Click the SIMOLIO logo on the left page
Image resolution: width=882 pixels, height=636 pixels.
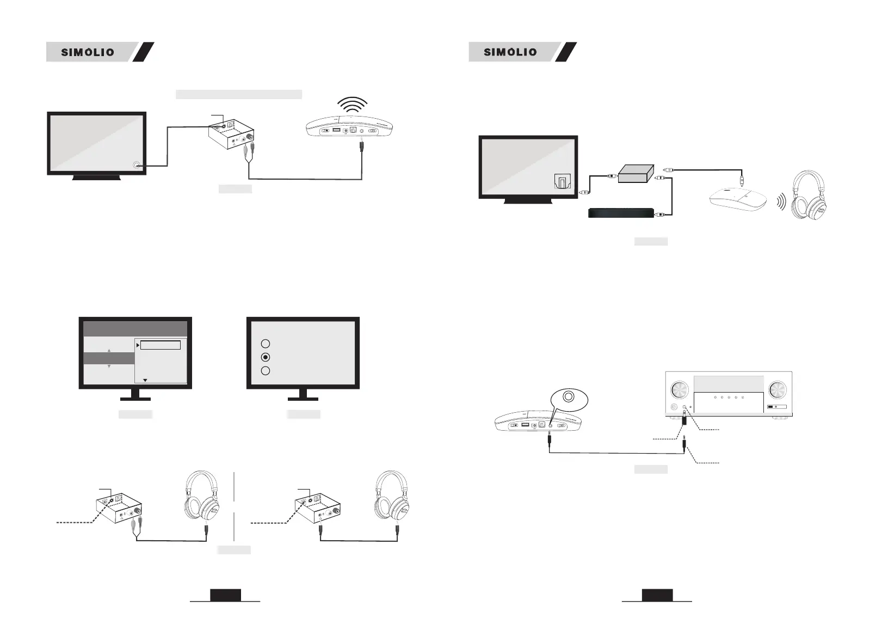88,52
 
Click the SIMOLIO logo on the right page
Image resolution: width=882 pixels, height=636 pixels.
510,52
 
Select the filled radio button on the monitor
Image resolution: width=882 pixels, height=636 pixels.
265,357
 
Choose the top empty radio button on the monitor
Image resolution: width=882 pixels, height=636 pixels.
265,344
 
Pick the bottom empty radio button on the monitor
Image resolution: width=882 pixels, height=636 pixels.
265,371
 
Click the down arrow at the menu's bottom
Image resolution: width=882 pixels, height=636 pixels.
145,380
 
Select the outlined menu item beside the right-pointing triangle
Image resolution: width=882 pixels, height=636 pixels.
160,345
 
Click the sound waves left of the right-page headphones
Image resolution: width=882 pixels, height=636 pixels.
781,203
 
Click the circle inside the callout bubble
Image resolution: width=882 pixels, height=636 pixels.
569,396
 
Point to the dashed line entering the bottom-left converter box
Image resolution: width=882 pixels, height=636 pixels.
76,523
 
